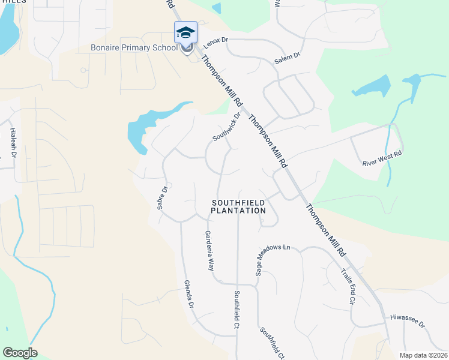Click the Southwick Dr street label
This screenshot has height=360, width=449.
pyautogui.click(x=226, y=127)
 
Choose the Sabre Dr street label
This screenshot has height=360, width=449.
pyautogui.click(x=161, y=197)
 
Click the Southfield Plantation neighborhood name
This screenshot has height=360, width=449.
pyautogui.click(x=238, y=207)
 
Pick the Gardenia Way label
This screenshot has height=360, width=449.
pyautogui.click(x=209, y=250)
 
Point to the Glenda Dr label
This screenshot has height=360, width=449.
pyautogui.click(x=188, y=294)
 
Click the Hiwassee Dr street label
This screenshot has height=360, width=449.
pyautogui.click(x=407, y=320)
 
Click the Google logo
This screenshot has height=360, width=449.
pyautogui.click(x=20, y=353)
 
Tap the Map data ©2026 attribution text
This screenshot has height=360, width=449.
pyautogui.click(x=423, y=355)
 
